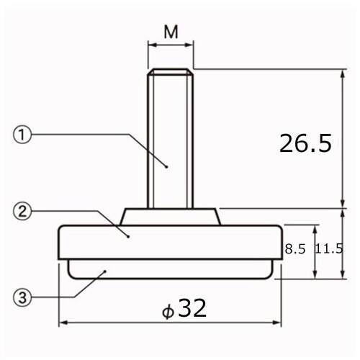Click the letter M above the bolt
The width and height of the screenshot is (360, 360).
(171, 32)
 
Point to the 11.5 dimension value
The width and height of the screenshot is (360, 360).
(330, 249)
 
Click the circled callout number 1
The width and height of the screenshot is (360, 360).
(22, 134)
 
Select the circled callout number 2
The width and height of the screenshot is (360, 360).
(22, 211)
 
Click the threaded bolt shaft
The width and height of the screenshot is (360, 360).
(171, 137)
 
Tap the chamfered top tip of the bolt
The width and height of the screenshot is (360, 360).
(171, 71)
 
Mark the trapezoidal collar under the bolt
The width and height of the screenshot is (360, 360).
(171, 215)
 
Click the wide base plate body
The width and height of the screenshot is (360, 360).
(171, 241)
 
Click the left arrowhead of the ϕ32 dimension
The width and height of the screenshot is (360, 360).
(61, 322)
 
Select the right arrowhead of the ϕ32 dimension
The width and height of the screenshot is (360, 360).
(280, 322)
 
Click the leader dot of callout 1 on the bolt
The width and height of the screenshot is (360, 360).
(166, 166)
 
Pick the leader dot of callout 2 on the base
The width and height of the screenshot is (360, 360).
(127, 235)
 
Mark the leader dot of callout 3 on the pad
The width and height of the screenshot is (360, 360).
(105, 271)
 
